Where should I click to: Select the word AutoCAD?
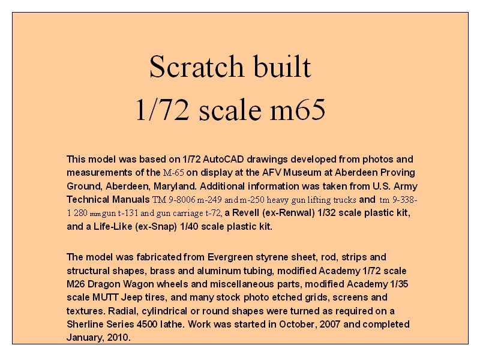(224, 160)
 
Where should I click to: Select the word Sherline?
(86, 324)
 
